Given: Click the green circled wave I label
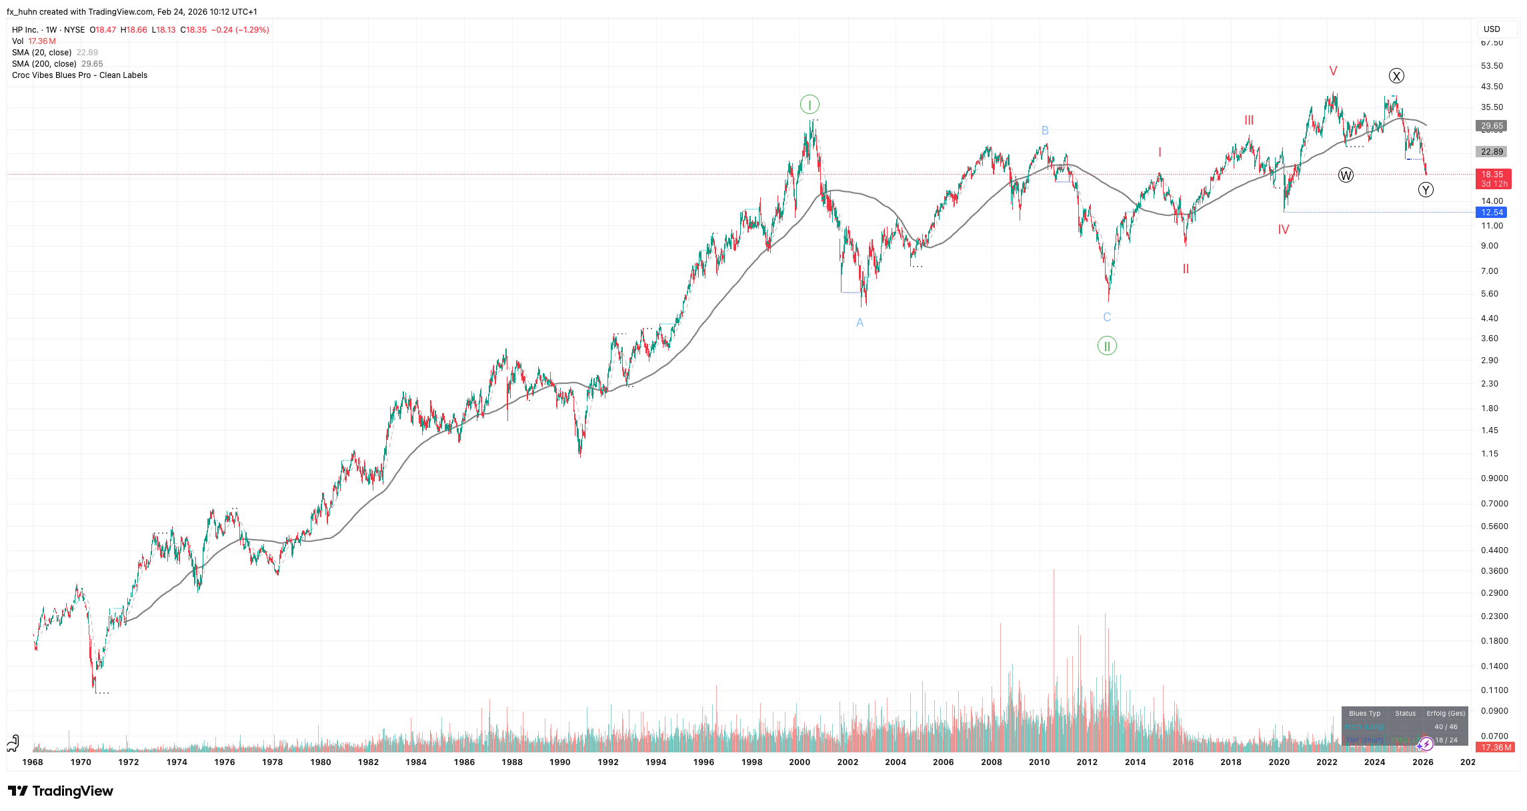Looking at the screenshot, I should (x=810, y=105).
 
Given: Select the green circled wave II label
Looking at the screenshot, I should (x=1107, y=346).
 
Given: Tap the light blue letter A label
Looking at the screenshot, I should (x=860, y=323).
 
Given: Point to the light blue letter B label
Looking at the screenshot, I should (x=1045, y=131).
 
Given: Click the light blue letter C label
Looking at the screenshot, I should (x=1107, y=317).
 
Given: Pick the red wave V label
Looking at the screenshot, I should (x=1333, y=71).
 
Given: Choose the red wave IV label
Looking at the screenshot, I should (x=1284, y=230).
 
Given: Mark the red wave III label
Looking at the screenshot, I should (x=1249, y=121).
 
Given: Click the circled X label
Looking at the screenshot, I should (x=1396, y=76).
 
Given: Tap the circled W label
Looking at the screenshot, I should (x=1346, y=176).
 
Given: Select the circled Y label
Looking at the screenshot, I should (x=1426, y=190).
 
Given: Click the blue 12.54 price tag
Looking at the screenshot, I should (x=1492, y=213).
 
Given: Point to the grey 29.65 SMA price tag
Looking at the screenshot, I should (x=1492, y=126).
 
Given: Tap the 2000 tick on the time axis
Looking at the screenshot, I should (x=800, y=762).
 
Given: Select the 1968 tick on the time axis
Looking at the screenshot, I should (x=33, y=762).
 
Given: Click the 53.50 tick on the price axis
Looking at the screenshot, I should (x=1492, y=66).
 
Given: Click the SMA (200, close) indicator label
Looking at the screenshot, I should (x=44, y=64).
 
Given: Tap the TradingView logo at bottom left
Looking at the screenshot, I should (x=61, y=791).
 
